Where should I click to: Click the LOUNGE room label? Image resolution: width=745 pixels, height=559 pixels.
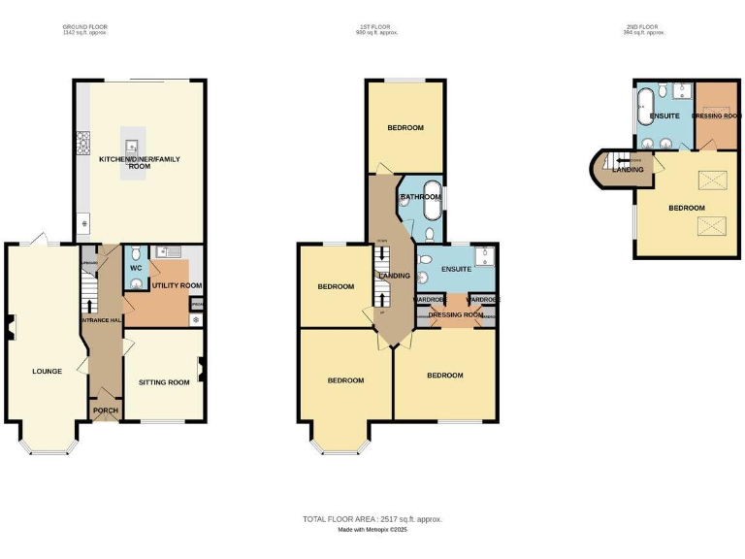coord(47,371)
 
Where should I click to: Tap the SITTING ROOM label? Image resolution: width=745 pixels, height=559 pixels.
coord(164,382)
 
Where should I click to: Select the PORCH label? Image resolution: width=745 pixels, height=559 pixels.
coord(105,411)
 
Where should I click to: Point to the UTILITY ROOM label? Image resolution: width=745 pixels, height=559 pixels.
coord(176,285)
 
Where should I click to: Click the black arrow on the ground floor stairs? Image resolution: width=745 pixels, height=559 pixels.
coord(90,309)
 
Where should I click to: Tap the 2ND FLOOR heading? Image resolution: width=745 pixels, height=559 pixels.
coord(643,27)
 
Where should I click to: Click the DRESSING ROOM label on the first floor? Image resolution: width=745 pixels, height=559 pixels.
coord(457,315)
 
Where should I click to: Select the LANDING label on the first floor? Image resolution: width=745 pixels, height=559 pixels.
coord(395,276)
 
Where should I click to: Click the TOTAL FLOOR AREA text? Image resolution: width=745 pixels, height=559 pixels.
coord(372,519)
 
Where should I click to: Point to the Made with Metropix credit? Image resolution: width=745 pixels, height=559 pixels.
coord(372,530)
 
